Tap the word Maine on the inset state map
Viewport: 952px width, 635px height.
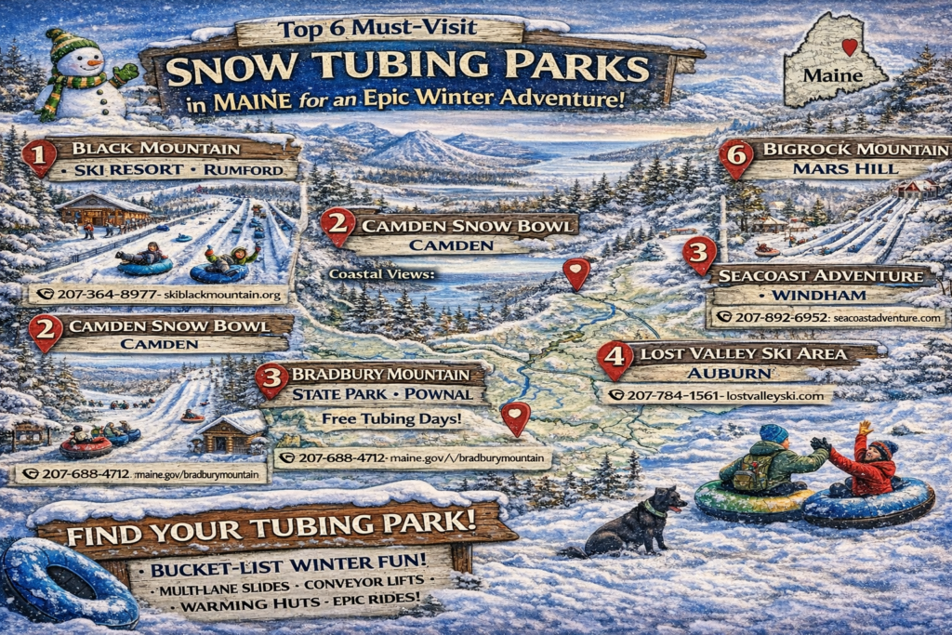826,73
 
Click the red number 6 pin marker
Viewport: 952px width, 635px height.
736,158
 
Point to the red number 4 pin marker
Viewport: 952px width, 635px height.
614,358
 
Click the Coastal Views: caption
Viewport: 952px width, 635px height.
382,275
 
